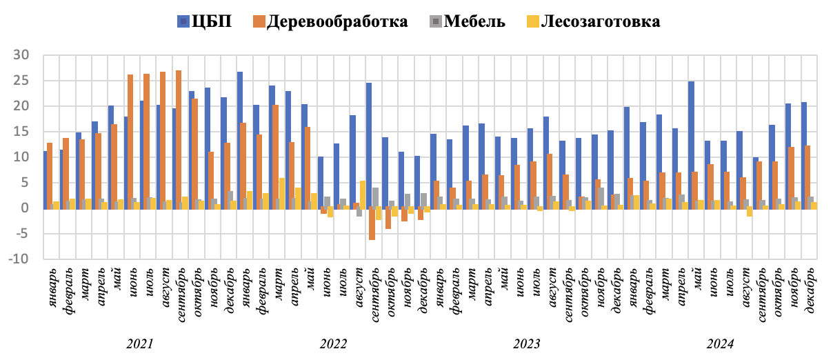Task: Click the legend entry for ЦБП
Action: point(204,21)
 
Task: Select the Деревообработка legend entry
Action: point(328,21)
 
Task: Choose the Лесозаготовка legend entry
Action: point(592,21)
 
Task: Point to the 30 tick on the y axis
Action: point(26,55)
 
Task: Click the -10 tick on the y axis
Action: point(23,259)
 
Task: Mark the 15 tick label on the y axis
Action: point(26,132)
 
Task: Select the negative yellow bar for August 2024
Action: point(750,212)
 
